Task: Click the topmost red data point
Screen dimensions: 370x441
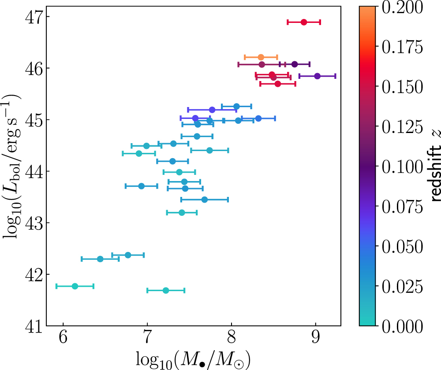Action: (x=303, y=22)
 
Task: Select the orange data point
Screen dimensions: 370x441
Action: (x=261, y=57)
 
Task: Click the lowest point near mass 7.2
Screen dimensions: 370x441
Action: (x=166, y=290)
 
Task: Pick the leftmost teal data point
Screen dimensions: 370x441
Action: (x=75, y=286)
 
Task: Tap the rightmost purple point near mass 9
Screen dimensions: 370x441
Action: (x=317, y=76)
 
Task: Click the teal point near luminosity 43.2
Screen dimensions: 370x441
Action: (x=181, y=213)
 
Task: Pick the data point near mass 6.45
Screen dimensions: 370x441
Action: (x=100, y=259)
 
